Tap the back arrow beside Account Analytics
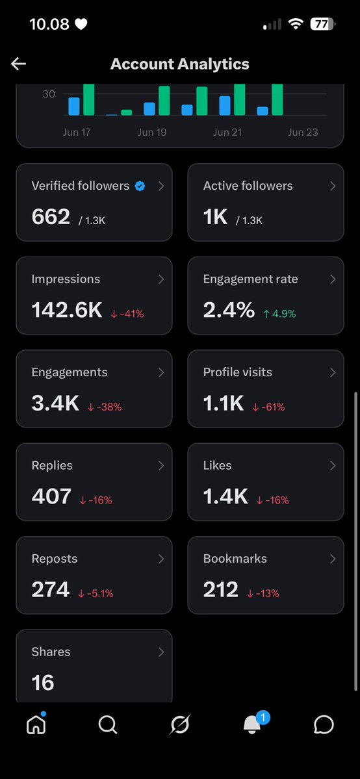point(18,64)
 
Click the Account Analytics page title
point(179,64)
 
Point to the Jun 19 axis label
point(152,132)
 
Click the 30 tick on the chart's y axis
point(49,94)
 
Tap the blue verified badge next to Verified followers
point(140,186)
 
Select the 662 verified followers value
point(51,217)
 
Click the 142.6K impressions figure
point(67,310)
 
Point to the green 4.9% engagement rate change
point(279,314)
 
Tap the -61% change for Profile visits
point(268,407)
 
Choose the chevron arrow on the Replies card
point(161,465)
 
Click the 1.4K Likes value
point(225,496)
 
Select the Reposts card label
point(54,558)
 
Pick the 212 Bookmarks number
point(221,590)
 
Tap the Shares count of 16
point(43,683)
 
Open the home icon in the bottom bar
point(36,725)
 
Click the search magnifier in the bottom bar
point(108,725)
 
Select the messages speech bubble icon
point(324,725)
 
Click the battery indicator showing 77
point(323,23)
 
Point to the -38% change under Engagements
point(105,407)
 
